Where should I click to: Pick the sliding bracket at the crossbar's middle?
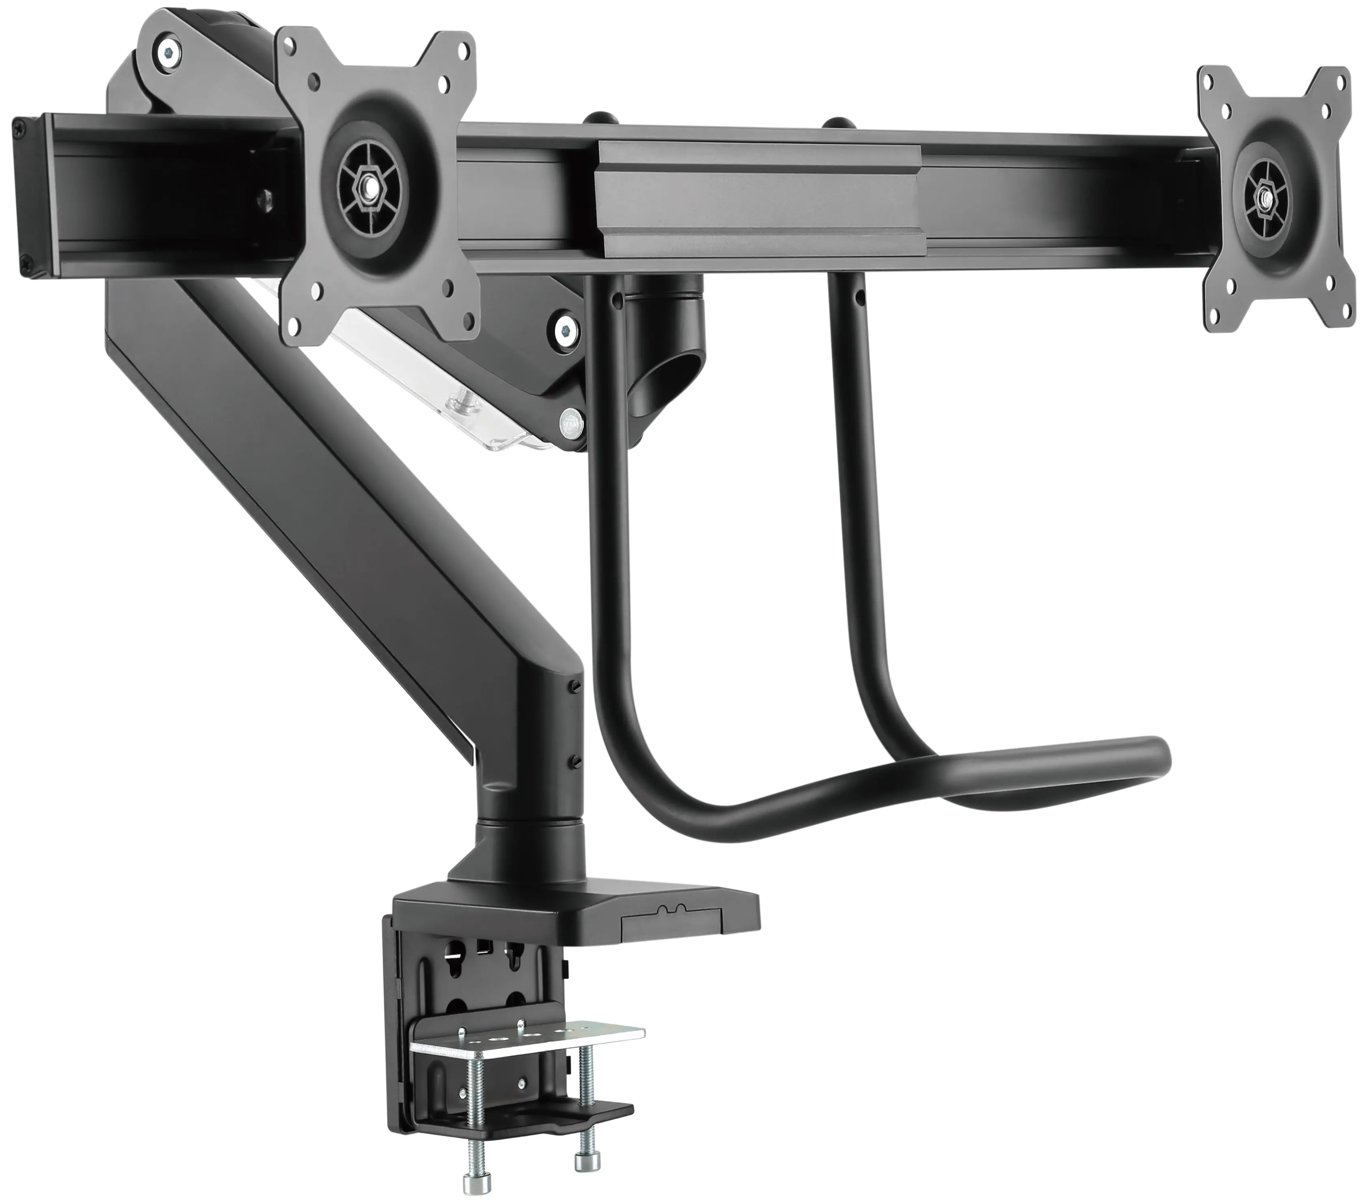click(756, 201)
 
